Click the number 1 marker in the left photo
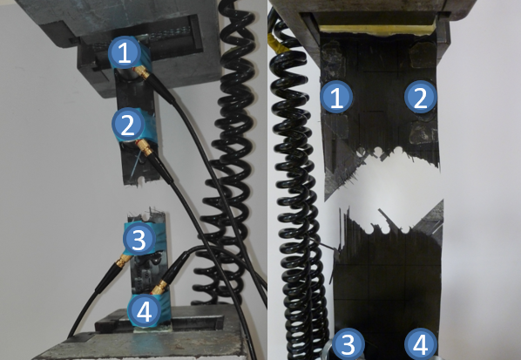click(125, 53)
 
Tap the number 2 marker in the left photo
click(128, 125)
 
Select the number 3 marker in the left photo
click(139, 238)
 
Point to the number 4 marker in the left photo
click(145, 311)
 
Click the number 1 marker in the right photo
click(336, 97)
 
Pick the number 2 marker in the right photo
click(420, 97)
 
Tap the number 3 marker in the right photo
click(348, 344)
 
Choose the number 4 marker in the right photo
click(420, 344)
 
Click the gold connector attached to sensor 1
click(142, 72)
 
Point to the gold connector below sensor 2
click(145, 147)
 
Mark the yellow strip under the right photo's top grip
click(378, 30)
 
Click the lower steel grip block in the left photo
click(143, 336)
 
